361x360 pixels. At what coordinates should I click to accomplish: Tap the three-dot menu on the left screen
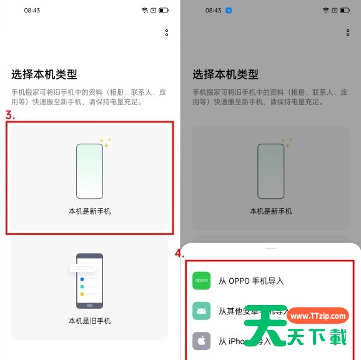(x=167, y=32)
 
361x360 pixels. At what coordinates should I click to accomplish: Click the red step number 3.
(x=10, y=116)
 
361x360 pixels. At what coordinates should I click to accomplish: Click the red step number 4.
(x=179, y=254)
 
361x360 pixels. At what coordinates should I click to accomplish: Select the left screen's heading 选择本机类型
(x=44, y=74)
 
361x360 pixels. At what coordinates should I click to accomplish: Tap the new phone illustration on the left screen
(x=89, y=171)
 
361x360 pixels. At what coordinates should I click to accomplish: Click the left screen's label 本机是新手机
(x=89, y=212)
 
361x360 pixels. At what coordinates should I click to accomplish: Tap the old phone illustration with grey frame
(x=89, y=281)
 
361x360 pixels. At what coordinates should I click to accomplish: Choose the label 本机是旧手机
(x=89, y=321)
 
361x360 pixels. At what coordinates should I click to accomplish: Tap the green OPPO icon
(x=201, y=281)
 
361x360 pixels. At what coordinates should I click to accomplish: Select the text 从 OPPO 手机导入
(x=251, y=281)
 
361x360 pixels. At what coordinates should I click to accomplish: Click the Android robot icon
(x=201, y=311)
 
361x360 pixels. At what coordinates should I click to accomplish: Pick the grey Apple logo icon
(x=201, y=341)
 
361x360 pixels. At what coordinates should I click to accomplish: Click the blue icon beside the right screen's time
(x=229, y=11)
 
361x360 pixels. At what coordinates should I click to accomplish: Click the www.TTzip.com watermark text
(x=319, y=316)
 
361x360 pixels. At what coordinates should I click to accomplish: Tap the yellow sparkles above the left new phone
(x=106, y=142)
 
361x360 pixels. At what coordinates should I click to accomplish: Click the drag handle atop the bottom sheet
(x=270, y=248)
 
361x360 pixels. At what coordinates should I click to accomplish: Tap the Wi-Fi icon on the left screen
(x=145, y=11)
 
